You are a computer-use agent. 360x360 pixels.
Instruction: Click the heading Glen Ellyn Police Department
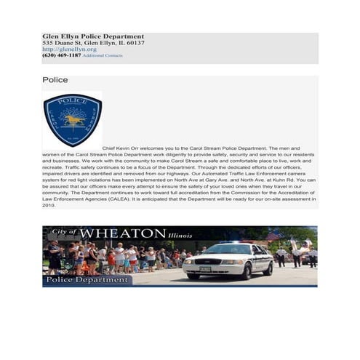93,36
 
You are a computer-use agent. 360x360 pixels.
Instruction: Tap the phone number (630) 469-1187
62,55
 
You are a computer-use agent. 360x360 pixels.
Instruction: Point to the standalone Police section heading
55,80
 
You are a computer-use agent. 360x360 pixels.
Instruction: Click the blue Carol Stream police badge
72,119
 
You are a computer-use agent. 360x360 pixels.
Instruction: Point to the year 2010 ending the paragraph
49,205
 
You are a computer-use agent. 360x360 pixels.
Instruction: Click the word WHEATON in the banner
122,233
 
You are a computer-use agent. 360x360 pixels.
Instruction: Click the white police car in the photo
227,260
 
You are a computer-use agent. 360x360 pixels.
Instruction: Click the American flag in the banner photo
273,236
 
